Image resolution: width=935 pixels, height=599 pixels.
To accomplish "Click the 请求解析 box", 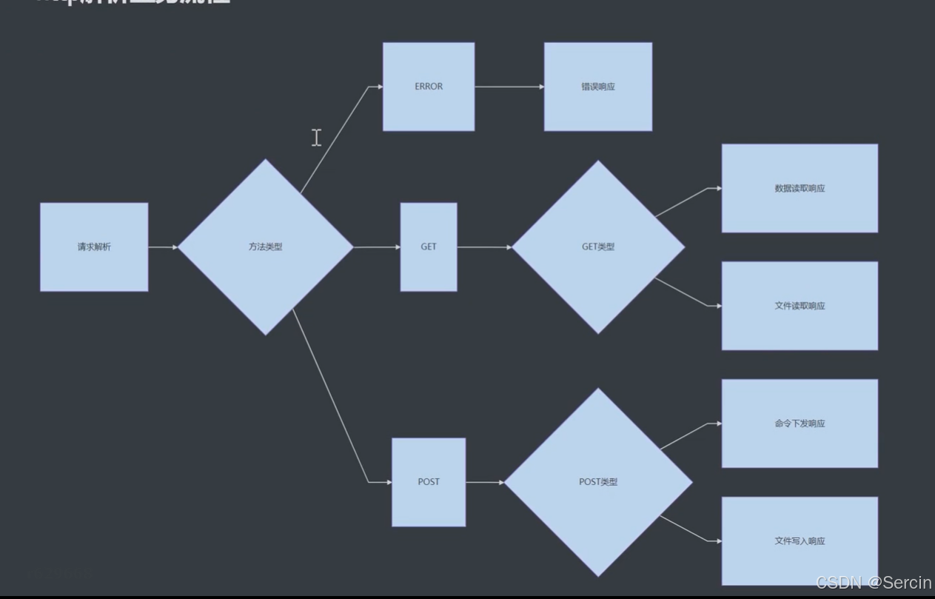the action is (94, 247).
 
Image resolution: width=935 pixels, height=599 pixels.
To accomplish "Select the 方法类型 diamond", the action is (265, 247).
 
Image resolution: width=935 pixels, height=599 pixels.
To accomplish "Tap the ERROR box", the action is (429, 87).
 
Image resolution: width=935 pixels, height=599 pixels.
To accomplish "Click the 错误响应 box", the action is (598, 87).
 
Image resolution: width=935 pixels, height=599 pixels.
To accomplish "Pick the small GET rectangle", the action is (429, 247).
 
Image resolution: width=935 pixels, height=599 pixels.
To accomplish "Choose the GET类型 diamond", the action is (598, 247).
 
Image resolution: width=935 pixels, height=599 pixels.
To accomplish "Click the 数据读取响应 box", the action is (800, 188).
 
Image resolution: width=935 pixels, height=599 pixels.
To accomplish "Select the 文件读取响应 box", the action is (800, 306).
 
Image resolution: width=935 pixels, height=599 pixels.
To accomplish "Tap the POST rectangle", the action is (429, 482).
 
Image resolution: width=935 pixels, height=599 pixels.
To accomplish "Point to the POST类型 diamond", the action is (598, 482).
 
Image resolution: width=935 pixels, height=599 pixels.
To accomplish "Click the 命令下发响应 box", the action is (800, 424).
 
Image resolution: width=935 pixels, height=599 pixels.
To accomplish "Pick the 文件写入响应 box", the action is (800, 541).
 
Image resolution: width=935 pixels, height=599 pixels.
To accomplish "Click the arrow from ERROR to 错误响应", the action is (509, 87).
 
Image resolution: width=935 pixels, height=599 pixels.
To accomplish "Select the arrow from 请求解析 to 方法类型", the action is (163, 247).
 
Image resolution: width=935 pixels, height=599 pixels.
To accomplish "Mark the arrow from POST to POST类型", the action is (485, 482).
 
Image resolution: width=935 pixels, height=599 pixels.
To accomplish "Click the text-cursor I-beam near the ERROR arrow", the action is (317, 137).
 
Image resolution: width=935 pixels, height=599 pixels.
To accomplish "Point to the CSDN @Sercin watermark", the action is (874, 583).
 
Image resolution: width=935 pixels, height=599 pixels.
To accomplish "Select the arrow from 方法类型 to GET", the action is (377, 247).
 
